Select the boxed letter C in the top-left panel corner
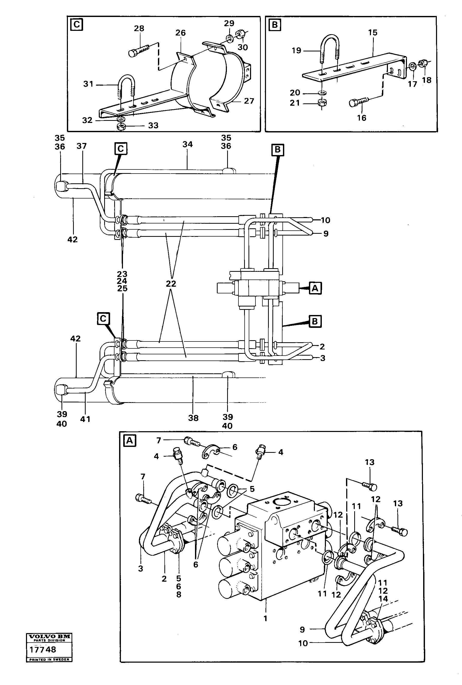click(x=77, y=25)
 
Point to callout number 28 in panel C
click(x=139, y=29)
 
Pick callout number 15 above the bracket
click(x=372, y=33)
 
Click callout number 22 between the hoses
click(x=171, y=284)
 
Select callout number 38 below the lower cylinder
click(x=193, y=418)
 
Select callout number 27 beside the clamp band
click(x=249, y=101)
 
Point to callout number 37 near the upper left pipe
click(x=82, y=146)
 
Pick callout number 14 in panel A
click(x=383, y=599)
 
